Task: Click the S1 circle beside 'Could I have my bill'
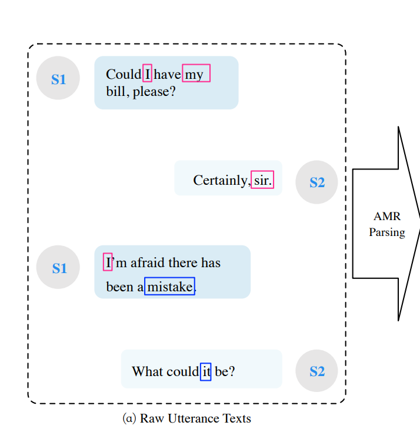tap(58, 78)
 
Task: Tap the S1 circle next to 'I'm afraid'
tap(58, 267)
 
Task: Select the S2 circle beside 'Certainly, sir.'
tap(316, 182)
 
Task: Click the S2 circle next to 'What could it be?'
tap(316, 371)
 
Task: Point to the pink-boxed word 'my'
tap(195, 74)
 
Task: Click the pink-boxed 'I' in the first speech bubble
tap(148, 74)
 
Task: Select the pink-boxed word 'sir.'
tap(262, 180)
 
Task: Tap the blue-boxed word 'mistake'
tap(169, 287)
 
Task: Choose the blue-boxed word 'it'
tap(206, 371)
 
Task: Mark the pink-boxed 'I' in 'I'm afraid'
tap(108, 262)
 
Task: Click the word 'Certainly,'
tap(221, 180)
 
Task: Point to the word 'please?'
tap(155, 92)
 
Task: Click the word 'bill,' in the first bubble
tap(118, 92)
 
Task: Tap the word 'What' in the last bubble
tap(147, 371)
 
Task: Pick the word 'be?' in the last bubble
tap(225, 371)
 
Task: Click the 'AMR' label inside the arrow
tap(386, 217)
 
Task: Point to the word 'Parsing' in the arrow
tap(386, 232)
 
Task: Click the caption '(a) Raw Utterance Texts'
tap(187, 418)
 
